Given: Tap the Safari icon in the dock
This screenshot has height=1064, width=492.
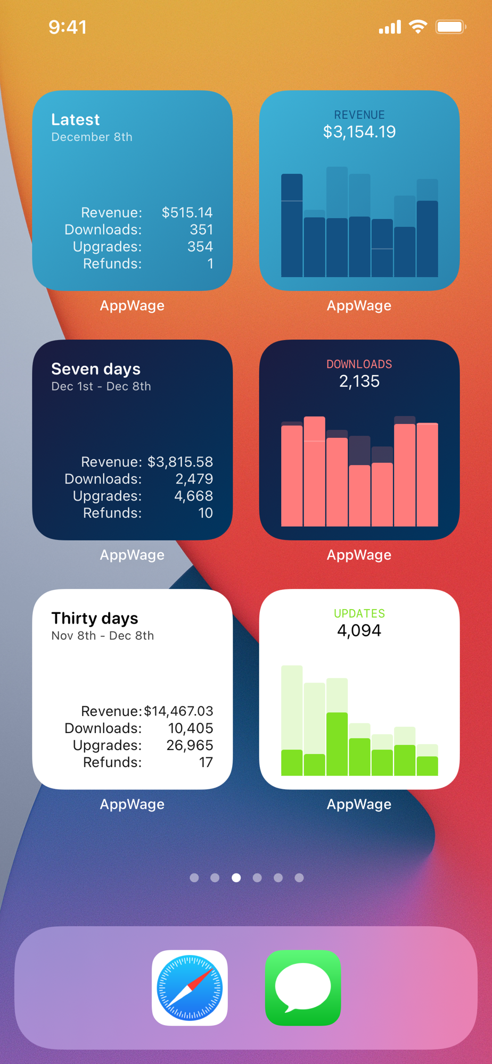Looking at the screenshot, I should coord(190,987).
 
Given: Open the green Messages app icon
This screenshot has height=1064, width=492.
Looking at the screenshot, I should coord(303,987).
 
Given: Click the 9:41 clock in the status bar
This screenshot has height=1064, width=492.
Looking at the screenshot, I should coord(68,27).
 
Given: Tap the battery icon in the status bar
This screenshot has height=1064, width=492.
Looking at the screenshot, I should coord(450,27).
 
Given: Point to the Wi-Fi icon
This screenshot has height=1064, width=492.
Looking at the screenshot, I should coord(418,26).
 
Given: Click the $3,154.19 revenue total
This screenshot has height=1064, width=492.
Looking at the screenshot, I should coord(359,132).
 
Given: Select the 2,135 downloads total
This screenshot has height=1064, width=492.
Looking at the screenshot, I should coord(359,381).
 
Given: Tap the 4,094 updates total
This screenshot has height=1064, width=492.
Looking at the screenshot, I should coord(359,630).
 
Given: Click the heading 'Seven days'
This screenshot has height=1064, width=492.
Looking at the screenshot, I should coord(96,369).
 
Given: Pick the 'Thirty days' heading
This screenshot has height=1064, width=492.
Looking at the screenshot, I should coord(95,618).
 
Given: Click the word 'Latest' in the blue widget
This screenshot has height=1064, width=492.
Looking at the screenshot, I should coord(76,120).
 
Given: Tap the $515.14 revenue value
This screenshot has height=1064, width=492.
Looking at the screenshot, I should coord(187,213).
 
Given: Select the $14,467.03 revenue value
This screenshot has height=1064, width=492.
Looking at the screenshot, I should coord(178,711).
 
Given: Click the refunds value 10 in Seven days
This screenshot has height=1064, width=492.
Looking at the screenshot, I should coord(206,513).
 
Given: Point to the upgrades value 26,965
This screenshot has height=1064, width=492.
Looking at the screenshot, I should coord(190,745).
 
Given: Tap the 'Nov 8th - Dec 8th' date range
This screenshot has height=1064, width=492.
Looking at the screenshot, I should coord(103,636).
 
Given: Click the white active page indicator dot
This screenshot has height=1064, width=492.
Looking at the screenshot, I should coord(236,878).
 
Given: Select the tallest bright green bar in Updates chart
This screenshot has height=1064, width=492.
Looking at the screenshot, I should coord(337,744).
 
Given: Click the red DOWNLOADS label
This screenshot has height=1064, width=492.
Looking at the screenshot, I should coord(359,364).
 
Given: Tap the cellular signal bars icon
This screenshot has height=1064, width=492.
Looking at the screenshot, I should coord(390,27).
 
